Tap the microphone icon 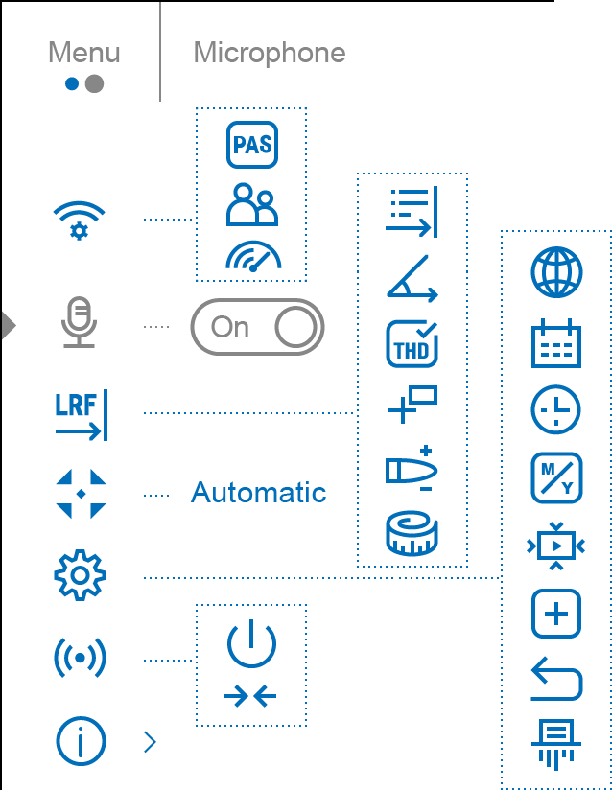tap(79, 323)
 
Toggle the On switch tap(256, 328)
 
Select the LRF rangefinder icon tap(80, 413)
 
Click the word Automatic tap(259, 493)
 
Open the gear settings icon tap(80, 576)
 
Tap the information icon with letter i tap(80, 741)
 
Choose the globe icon tap(556, 272)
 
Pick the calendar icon tap(556, 343)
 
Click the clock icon tap(556, 411)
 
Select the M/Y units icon tap(556, 478)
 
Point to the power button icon tap(251, 643)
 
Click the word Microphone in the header tap(270, 52)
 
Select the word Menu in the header tap(84, 52)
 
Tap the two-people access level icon tap(251, 203)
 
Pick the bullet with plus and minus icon tap(412, 470)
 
